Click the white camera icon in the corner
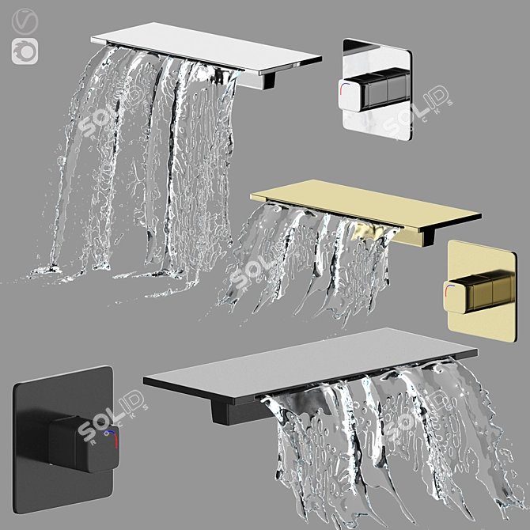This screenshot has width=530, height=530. [x=25, y=51]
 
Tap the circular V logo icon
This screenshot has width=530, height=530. [x=25, y=23]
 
